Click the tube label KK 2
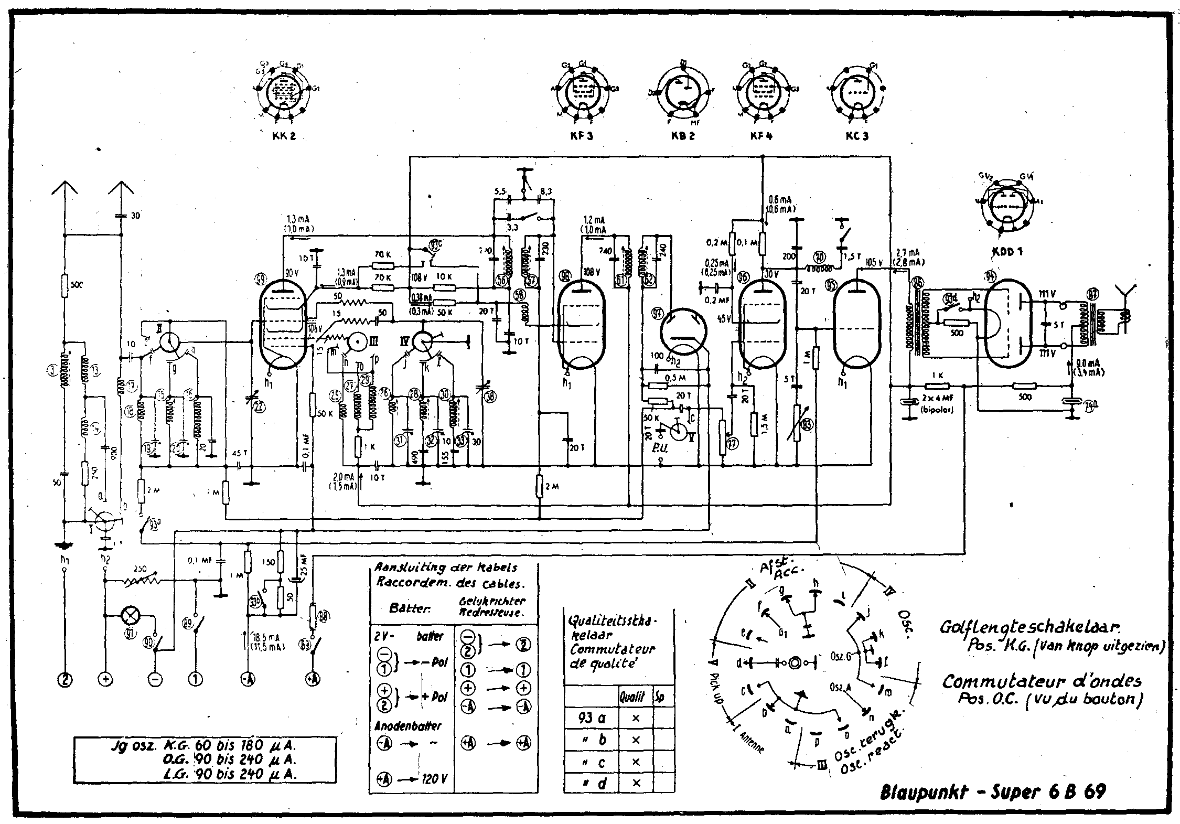point(284,135)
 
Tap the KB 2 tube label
point(682,135)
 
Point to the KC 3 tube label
point(857,135)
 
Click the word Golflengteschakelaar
point(1031,627)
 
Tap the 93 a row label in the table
point(592,718)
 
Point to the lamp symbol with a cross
point(128,614)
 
